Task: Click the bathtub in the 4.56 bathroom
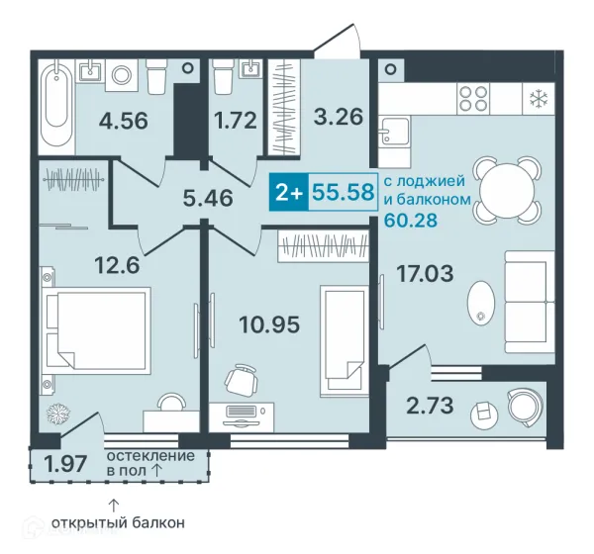pyautogui.click(x=56, y=102)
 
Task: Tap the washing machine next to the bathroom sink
pyautogui.click(x=121, y=75)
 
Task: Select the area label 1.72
pyautogui.click(x=236, y=121)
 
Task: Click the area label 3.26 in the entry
pyautogui.click(x=339, y=117)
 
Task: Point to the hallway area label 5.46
pyautogui.click(x=208, y=198)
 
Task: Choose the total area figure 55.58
pyautogui.click(x=344, y=192)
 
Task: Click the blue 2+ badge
pyautogui.click(x=289, y=192)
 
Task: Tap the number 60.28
pyautogui.click(x=411, y=220)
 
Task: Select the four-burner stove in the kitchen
pyautogui.click(x=473, y=99)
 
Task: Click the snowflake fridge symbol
pyautogui.click(x=537, y=99)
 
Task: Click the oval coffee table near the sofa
pyautogui.click(x=481, y=302)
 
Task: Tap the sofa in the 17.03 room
pyautogui.click(x=530, y=302)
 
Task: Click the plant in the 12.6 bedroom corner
pyautogui.click(x=58, y=413)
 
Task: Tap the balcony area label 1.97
pyautogui.click(x=65, y=464)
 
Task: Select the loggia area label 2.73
pyautogui.click(x=430, y=406)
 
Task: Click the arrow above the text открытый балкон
pyautogui.click(x=114, y=506)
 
